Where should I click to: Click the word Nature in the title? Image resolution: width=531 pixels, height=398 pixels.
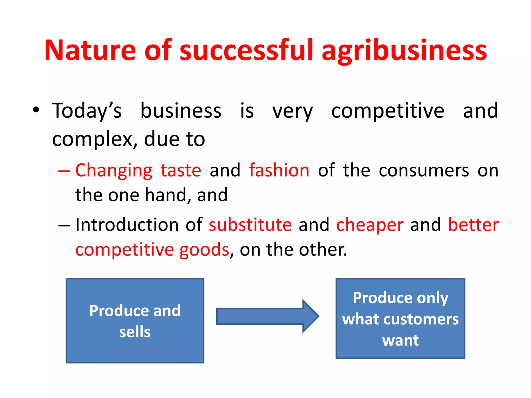tap(90, 51)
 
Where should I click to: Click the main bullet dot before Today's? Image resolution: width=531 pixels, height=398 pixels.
tap(36, 110)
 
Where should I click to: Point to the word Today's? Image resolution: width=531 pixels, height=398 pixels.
tap(87, 111)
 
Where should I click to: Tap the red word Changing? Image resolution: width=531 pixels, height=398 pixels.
tap(114, 171)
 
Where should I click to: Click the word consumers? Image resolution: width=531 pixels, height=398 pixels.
tap(424, 171)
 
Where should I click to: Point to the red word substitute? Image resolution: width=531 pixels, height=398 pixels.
tap(250, 225)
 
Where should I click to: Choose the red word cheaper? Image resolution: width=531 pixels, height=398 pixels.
tap(370, 225)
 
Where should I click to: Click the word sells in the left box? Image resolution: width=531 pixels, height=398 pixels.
tap(135, 332)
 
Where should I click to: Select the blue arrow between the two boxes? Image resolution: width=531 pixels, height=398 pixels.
tap(267, 316)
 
